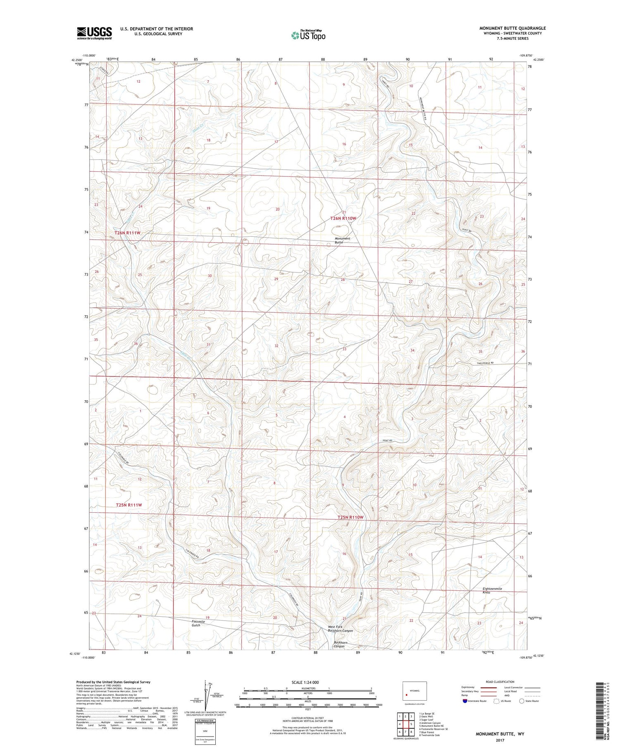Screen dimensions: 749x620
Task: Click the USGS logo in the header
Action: tap(94, 33)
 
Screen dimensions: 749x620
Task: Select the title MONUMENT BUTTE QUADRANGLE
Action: tap(512, 28)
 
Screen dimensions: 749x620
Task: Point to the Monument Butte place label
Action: tap(342, 240)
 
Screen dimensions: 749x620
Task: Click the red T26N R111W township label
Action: tap(127, 233)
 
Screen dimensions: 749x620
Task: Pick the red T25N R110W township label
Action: tap(350, 517)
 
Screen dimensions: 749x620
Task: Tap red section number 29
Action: tap(276, 279)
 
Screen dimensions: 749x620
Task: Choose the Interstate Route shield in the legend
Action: tap(465, 701)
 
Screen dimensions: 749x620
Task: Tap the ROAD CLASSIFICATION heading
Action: tap(500, 682)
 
